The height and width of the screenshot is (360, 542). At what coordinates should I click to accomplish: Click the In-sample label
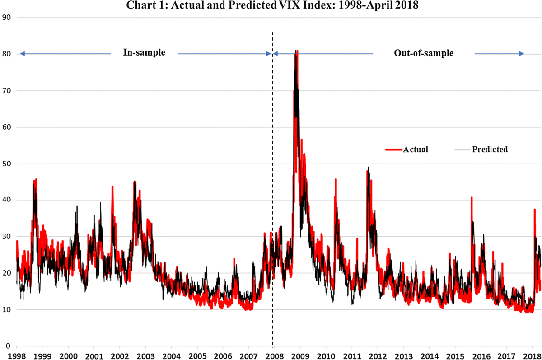[x=144, y=53]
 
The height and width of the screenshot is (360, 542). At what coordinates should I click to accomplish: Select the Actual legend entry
[x=416, y=150]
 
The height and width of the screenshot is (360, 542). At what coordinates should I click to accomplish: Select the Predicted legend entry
[x=490, y=150]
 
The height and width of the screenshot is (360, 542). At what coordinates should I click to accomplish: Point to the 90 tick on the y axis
[x=6, y=18]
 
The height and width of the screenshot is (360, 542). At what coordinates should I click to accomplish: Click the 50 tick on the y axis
[x=6, y=164]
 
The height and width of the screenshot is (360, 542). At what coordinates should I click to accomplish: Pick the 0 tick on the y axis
[x=8, y=346]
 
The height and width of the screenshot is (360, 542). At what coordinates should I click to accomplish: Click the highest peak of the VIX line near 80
[x=296, y=51]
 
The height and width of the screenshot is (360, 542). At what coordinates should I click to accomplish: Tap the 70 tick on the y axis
[x=6, y=91]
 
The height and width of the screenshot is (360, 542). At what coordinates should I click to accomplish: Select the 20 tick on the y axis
[x=6, y=273]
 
